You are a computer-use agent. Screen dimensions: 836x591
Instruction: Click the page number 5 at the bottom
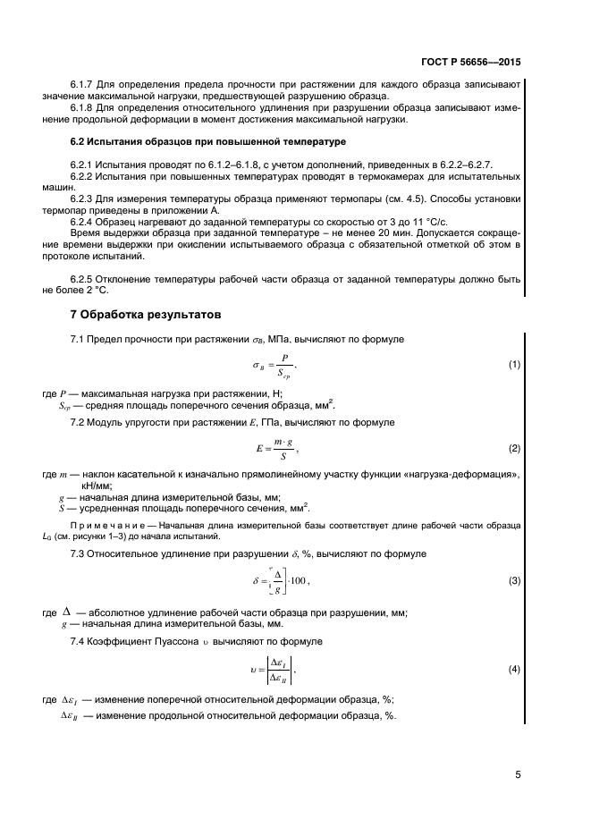tap(518, 774)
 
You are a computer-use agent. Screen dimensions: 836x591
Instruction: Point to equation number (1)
tap(514, 365)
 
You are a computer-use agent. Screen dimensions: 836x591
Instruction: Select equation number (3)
tap(514, 581)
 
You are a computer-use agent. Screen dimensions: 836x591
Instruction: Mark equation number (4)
tap(514, 669)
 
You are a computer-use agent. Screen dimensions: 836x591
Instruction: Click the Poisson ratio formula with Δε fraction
tap(274, 669)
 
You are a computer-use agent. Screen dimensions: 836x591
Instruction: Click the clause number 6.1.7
tap(83, 85)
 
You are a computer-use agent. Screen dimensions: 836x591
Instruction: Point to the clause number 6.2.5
tap(83, 280)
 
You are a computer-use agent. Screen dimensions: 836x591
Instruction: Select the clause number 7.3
tap(79, 554)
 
